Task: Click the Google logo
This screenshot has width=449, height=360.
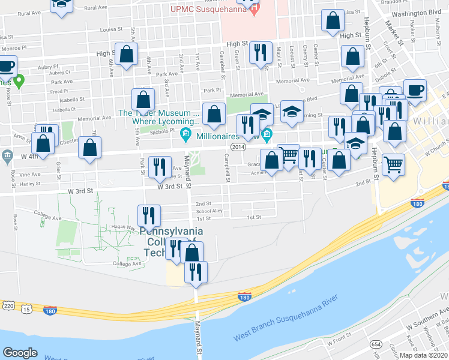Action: click(x=20, y=352)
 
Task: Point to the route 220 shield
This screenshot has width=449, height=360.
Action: click(x=8, y=305)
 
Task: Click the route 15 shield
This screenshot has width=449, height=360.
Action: click(x=26, y=308)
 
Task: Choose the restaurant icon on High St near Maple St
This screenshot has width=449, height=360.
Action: click(x=261, y=53)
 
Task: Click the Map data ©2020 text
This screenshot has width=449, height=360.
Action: click(x=424, y=355)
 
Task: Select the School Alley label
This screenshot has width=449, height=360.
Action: click(x=209, y=211)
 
